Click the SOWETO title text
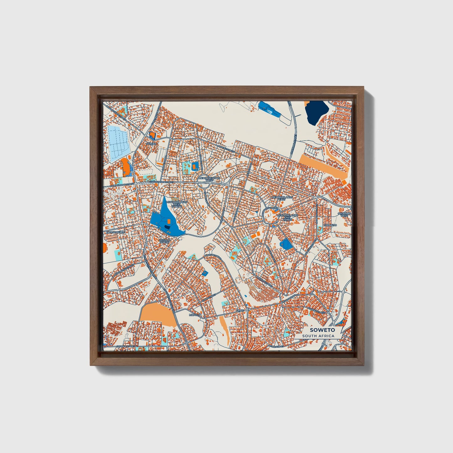click(318, 330)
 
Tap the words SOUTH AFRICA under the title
click(318, 336)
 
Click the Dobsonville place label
click(116, 232)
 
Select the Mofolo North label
click(165, 240)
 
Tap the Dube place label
click(240, 310)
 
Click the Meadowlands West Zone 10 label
click(177, 204)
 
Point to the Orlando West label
click(344, 214)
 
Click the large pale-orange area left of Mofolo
click(156, 313)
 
